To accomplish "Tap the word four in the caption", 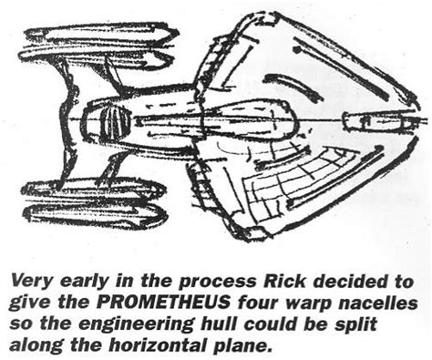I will tap(250, 303).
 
